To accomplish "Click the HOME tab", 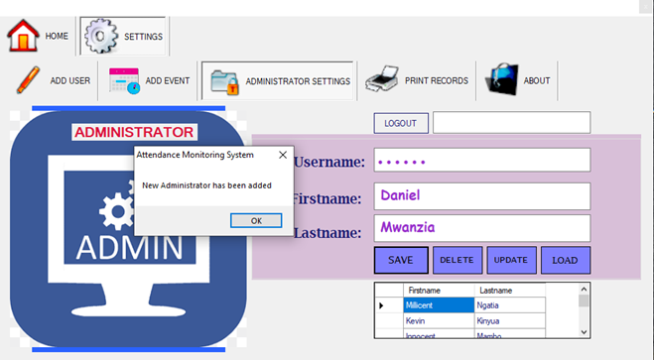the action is pos(40,36).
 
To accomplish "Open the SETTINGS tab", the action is pos(124,36).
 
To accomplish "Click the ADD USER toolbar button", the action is pos(55,81).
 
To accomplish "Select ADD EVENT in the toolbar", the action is pos(150,81).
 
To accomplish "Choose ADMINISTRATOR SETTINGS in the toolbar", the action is pos(278,81).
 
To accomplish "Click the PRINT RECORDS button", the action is pos(417,81).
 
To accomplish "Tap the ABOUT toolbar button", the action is pos(519,81).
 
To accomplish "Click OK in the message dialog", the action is pos(256,220).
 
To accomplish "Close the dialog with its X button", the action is pos(282,155).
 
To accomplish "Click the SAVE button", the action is pos(401,260).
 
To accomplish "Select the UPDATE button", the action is pos(511,260).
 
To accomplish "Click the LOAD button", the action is pos(566,260).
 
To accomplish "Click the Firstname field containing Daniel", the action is pos(481,195).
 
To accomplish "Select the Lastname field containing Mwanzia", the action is pos(481,228).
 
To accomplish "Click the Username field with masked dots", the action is pos(481,161).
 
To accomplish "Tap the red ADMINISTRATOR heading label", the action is pos(134,132).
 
